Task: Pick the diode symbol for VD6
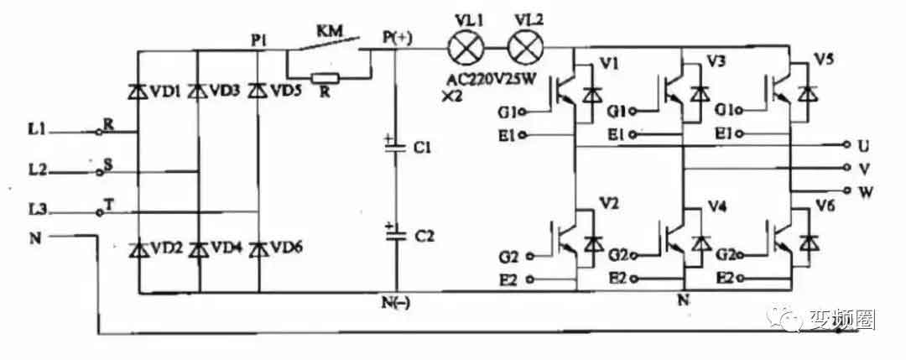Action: click(x=258, y=248)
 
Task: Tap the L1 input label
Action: click(x=37, y=131)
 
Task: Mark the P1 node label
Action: click(x=258, y=38)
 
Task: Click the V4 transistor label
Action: click(x=717, y=206)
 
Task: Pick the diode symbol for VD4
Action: click(x=199, y=248)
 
